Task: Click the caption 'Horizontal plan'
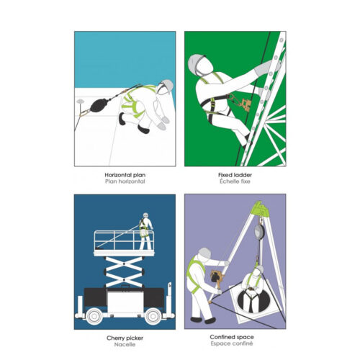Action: pyautogui.click(x=125, y=175)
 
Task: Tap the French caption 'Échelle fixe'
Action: pyautogui.click(x=235, y=181)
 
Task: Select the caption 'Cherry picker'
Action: pyautogui.click(x=125, y=338)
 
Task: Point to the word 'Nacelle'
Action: pyautogui.click(x=125, y=344)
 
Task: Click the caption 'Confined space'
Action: pyautogui.click(x=232, y=337)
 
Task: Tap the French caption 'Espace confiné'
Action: pyautogui.click(x=232, y=343)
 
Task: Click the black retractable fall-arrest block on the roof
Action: pyautogui.click(x=99, y=105)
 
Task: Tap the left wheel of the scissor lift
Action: pyautogui.click(x=94, y=316)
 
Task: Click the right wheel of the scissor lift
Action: pyautogui.click(x=153, y=316)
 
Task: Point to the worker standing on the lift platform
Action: pyautogui.click(x=145, y=231)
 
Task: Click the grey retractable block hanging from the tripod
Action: pyautogui.click(x=260, y=231)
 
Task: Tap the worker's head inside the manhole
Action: pyautogui.click(x=257, y=271)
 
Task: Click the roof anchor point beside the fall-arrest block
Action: pyautogui.click(x=81, y=101)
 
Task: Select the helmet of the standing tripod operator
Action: pyautogui.click(x=204, y=253)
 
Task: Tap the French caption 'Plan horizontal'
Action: pyautogui.click(x=125, y=181)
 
